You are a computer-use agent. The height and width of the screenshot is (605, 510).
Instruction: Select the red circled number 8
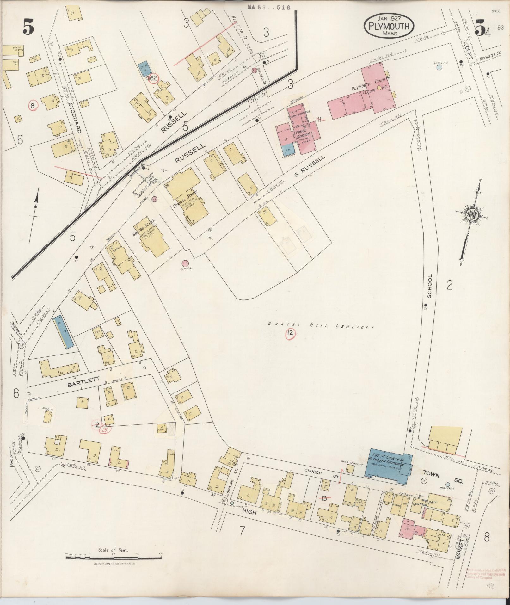pos(33,105)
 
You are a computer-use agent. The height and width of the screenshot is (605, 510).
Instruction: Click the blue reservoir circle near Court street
pos(439,67)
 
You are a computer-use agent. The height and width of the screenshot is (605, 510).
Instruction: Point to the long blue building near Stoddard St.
pos(63,332)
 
